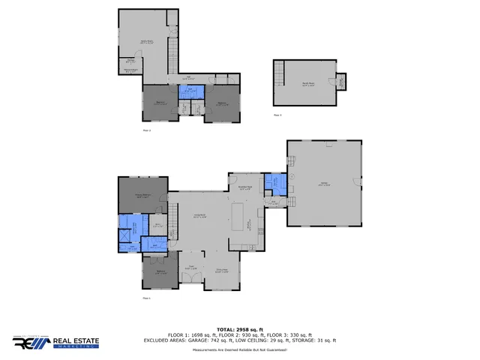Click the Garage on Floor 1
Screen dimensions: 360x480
[325, 184]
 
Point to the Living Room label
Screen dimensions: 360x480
[201, 217]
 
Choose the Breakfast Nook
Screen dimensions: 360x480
[244, 188]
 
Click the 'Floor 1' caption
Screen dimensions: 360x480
[147, 299]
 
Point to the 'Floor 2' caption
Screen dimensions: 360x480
[147, 130]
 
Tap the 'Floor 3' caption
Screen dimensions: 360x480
[277, 115]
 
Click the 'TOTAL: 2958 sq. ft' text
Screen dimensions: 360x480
[240, 329]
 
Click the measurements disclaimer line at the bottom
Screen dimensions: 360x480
[240, 350]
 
